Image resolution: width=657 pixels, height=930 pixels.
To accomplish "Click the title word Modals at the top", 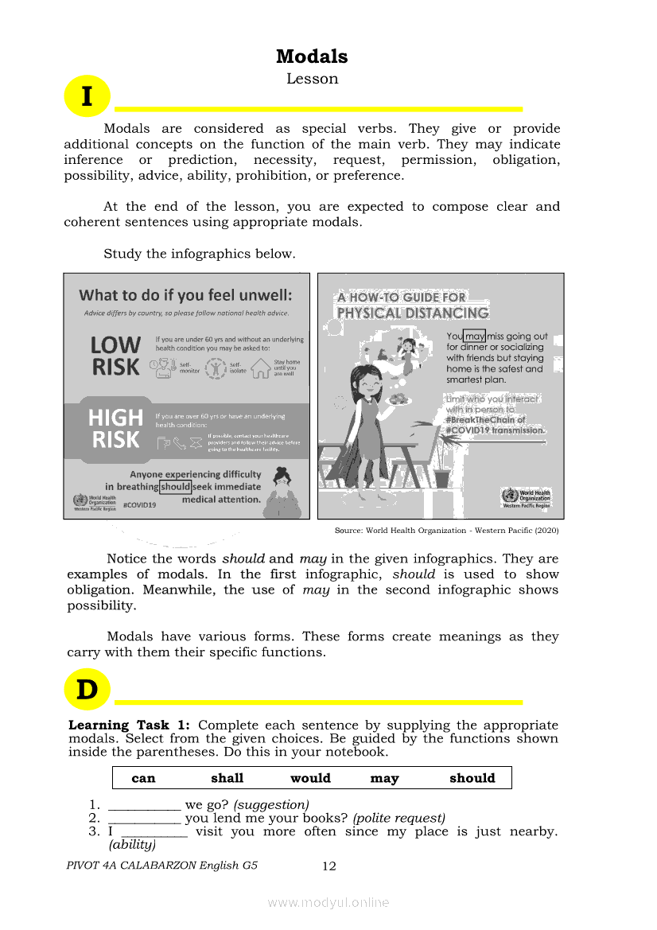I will [312, 56].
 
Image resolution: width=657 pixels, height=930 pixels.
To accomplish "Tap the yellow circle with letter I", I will [86, 96].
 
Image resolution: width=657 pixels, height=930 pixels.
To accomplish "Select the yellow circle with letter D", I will [87, 690].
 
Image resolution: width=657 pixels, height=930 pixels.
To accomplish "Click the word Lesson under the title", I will [312, 79].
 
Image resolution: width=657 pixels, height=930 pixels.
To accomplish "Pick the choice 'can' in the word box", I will [143, 778].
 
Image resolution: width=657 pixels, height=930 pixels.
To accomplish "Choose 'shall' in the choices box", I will [227, 778].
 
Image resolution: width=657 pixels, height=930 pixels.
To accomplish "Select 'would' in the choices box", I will [310, 778].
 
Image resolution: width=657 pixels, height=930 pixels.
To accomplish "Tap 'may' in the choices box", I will [384, 778].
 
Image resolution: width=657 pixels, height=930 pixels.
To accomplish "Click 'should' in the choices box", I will [472, 778].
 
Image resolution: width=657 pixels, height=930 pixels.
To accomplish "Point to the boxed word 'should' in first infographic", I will [175, 487].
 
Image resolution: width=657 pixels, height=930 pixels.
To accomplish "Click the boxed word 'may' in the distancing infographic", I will [475, 337].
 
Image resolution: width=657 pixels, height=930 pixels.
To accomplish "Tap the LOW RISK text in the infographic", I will [115, 356].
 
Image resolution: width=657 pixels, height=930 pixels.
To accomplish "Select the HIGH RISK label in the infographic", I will [115, 429].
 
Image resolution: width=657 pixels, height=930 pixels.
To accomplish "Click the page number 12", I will [329, 866].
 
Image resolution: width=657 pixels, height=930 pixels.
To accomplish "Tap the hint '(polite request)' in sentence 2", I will [398, 818].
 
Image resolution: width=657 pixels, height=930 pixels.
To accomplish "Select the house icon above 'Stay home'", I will [260, 368].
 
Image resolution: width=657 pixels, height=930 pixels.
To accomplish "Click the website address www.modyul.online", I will [328, 902].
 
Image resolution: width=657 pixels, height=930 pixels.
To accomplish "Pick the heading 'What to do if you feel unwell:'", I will [185, 295].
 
